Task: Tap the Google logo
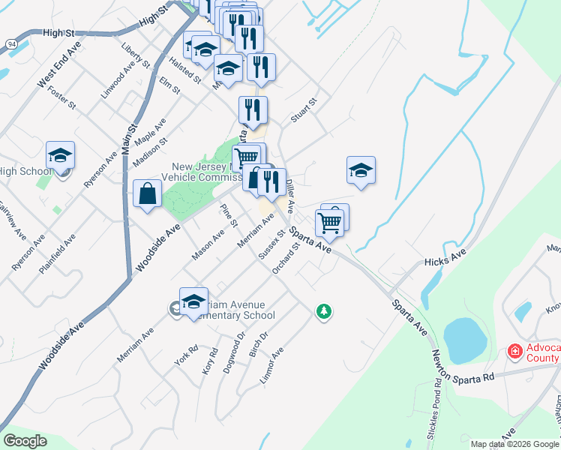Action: tap(25, 441)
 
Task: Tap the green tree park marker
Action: tap(323, 310)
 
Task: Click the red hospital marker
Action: tap(515, 350)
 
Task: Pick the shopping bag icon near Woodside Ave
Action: tap(147, 193)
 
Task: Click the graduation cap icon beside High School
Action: tap(60, 156)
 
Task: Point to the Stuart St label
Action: tap(304, 109)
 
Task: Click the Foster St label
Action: tap(61, 97)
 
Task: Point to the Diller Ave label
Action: tap(292, 188)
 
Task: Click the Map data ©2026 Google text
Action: tap(514, 444)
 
